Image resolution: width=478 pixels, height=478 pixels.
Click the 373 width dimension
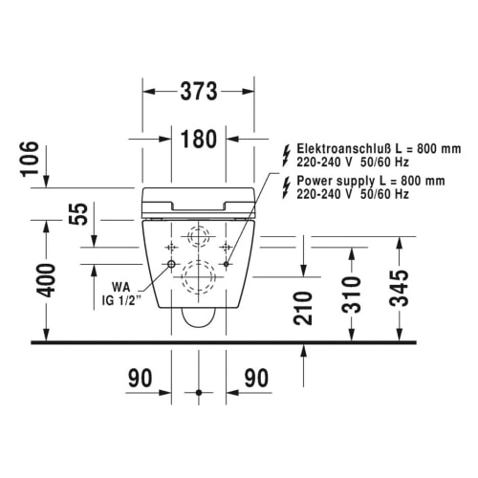(199, 92)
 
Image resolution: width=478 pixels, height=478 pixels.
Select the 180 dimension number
(199, 139)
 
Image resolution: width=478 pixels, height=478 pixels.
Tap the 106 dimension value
(30, 159)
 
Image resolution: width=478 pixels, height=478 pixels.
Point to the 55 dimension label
(78, 214)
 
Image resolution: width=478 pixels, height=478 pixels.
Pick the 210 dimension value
(303, 308)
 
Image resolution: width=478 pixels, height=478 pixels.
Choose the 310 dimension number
(352, 294)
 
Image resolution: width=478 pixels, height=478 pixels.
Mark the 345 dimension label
(400, 289)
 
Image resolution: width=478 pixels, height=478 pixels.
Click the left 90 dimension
(141, 379)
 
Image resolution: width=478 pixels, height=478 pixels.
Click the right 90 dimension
(256, 379)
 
